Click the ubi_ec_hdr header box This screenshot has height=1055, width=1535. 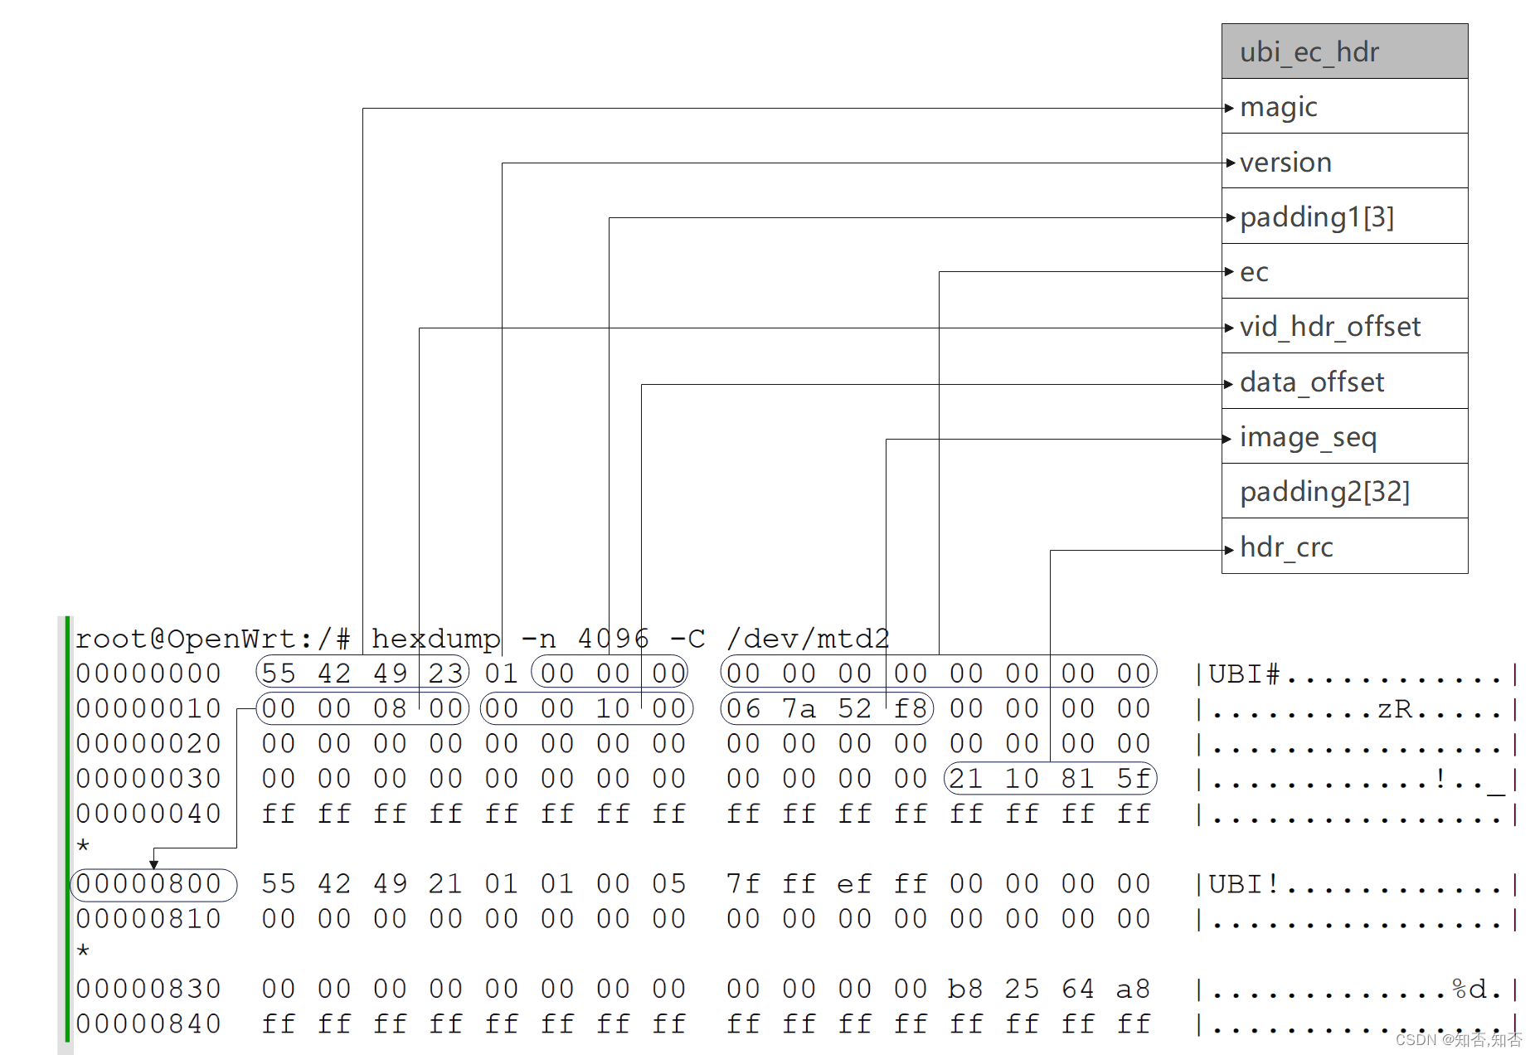tap(1343, 51)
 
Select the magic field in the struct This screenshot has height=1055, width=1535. tap(1343, 107)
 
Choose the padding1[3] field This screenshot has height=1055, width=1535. tap(1343, 216)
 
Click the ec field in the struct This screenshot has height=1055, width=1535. tap(1343, 271)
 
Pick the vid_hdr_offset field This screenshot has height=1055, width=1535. tap(1343, 327)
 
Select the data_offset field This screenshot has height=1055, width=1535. tap(1343, 382)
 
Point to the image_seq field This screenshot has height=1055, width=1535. tap(1343, 437)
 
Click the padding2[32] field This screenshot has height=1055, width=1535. tap(1343, 492)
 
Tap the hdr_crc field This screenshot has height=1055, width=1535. tap(1343, 547)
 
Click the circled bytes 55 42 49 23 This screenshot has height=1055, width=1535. tap(362, 673)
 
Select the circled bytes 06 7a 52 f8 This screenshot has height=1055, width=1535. tap(827, 708)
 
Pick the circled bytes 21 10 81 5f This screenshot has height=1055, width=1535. tap(1050, 779)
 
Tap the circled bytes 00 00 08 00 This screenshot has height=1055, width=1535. tap(362, 708)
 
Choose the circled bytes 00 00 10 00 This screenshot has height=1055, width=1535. tap(585, 708)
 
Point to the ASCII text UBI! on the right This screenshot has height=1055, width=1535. tap(1244, 884)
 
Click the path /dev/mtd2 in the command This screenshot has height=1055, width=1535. tap(808, 639)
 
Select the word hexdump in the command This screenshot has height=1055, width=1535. tap(435, 639)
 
